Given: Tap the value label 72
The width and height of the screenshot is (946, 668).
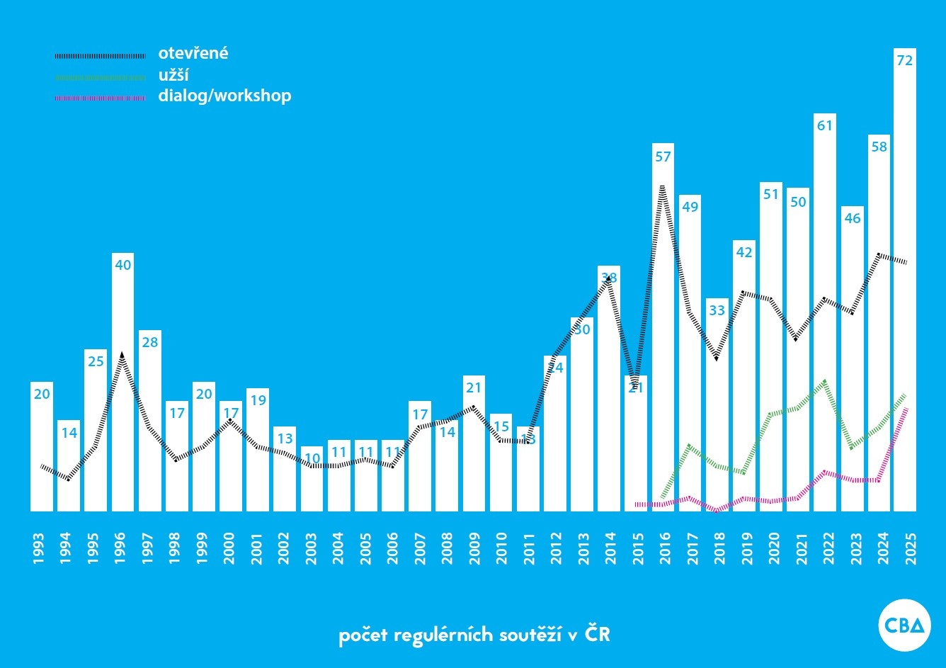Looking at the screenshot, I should [904, 61].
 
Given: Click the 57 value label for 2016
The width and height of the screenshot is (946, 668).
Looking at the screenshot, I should [663, 157].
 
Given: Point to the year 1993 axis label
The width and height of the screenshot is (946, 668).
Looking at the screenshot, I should [39, 548].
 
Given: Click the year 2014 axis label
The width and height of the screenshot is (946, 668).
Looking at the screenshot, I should [610, 548].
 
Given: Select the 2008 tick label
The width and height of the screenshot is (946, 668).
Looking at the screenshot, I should [448, 548].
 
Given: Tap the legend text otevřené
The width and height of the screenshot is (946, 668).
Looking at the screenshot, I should [193, 53].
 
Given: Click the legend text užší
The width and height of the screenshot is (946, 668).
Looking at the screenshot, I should [173, 75].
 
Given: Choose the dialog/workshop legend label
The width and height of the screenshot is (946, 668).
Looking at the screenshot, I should [224, 96].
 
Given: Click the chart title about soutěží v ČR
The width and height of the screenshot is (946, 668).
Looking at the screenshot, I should [474, 634].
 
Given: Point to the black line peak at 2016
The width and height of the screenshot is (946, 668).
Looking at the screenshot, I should [662, 187].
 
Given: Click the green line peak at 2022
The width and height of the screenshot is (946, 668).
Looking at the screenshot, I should [824, 381].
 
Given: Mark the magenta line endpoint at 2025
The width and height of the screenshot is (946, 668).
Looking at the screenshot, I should [906, 408].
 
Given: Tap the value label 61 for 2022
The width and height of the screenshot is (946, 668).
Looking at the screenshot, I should [824, 125].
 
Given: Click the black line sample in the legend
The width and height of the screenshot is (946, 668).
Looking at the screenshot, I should [100, 55].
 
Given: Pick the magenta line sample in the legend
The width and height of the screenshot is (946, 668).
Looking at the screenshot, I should [100, 98].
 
